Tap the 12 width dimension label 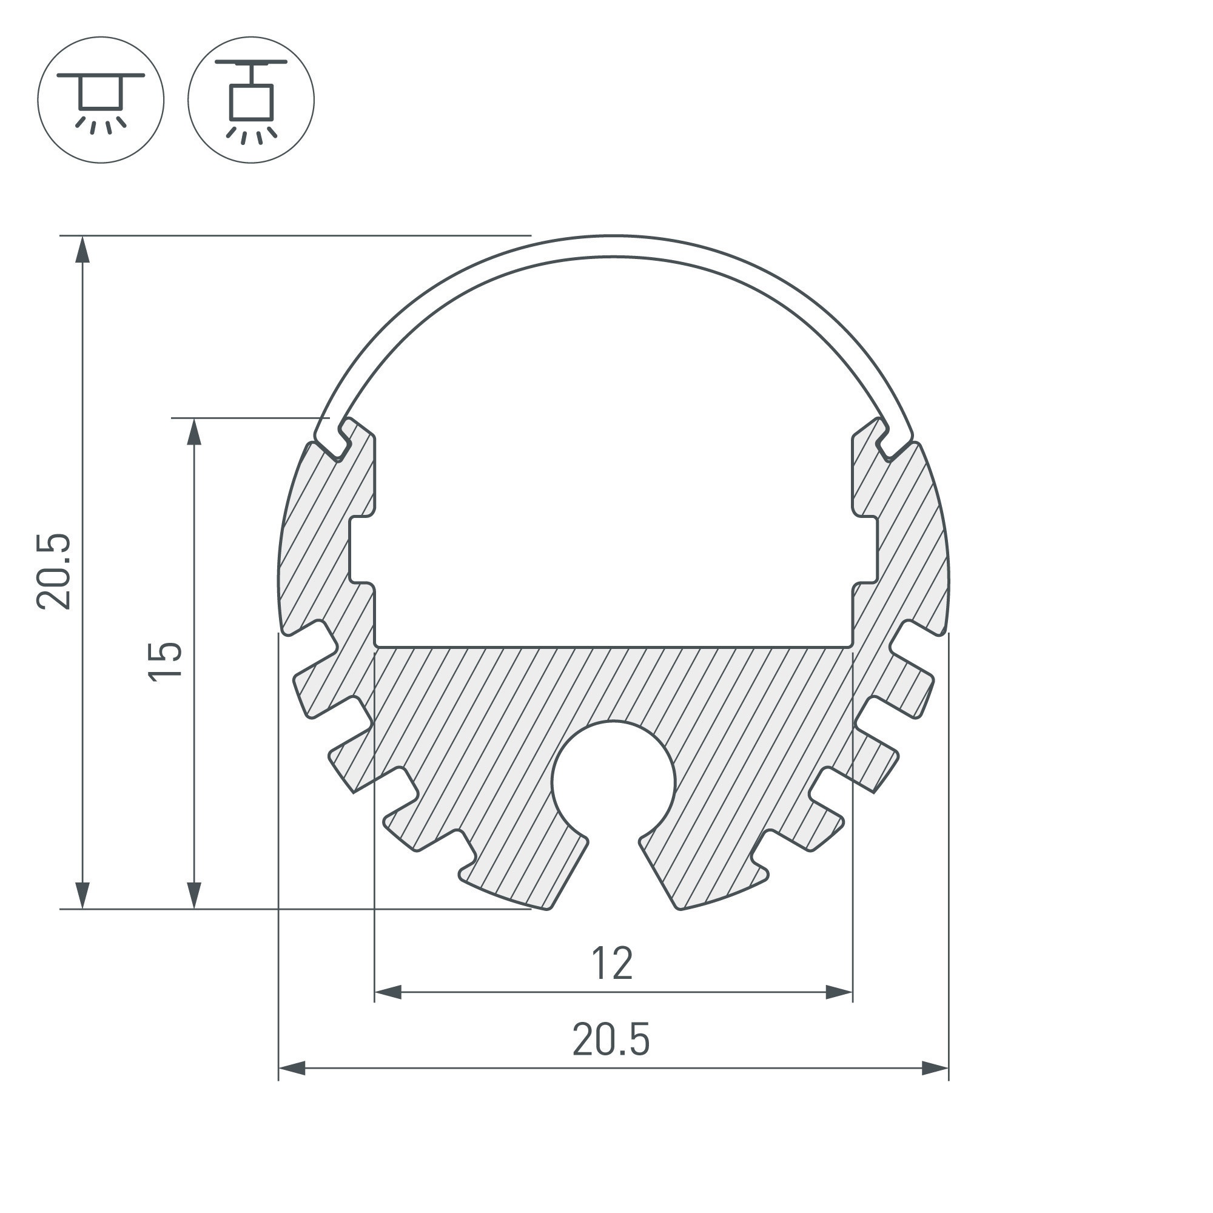pos(612,964)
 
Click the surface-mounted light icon pos(101,101)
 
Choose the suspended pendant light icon pos(251,101)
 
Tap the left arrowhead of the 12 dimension pos(388,993)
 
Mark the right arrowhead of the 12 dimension pos(839,993)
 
